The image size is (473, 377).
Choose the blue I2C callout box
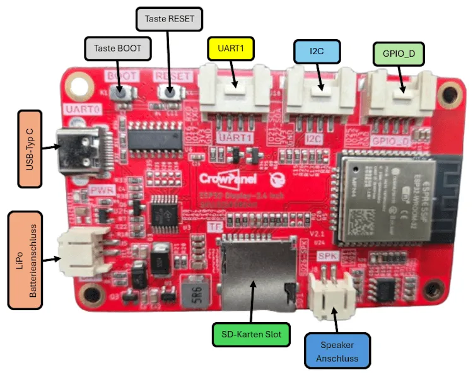[x=317, y=51]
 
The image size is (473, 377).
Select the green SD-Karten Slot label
[x=250, y=333]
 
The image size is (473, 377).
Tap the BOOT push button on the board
[x=122, y=92]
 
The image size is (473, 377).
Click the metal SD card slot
[x=255, y=273]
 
